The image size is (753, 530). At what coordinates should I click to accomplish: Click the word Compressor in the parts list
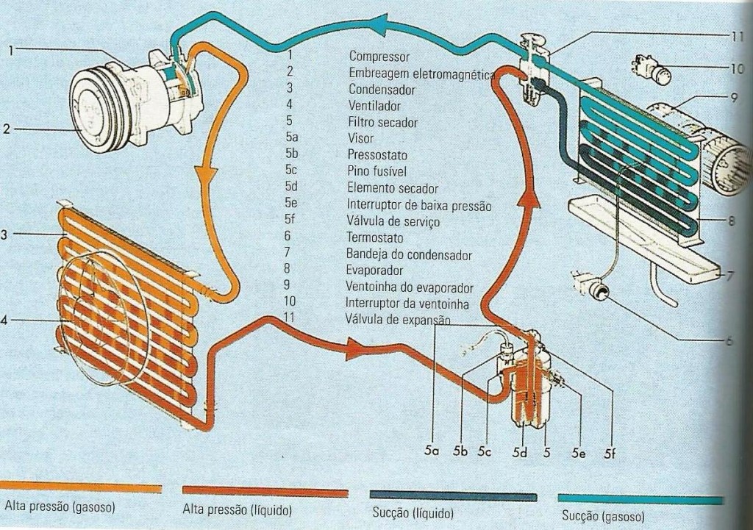click(379, 56)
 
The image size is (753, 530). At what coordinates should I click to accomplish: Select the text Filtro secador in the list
click(382, 122)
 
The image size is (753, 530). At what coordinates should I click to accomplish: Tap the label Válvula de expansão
click(397, 319)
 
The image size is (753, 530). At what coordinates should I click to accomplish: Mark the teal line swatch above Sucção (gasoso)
click(640, 500)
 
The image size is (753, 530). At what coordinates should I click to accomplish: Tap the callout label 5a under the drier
click(432, 454)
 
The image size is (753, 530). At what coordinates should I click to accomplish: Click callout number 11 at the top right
click(738, 35)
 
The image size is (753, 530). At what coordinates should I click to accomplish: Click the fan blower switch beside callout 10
click(652, 72)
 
